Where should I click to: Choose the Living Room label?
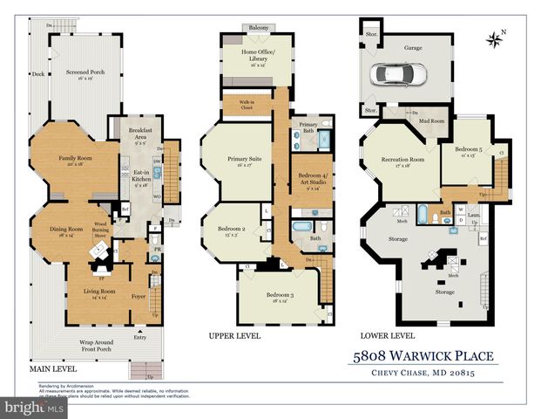pos(96,294)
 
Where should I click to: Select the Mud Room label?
pos(433,120)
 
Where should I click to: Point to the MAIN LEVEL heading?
pos(55,369)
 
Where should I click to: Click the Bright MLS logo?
pos(33,408)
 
